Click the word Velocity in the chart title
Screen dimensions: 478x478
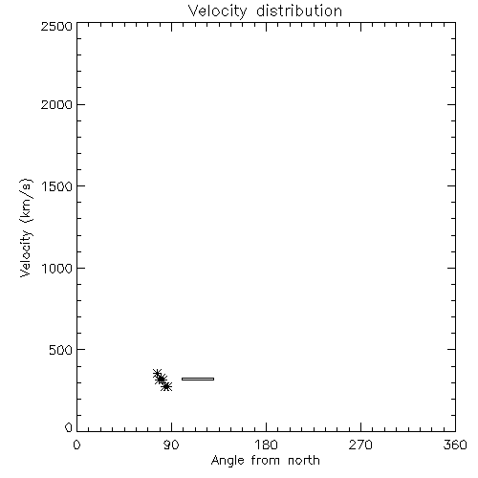pyautogui.click(x=218, y=11)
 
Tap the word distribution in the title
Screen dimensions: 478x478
pyautogui.click(x=299, y=11)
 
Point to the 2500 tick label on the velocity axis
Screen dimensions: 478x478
pyautogui.click(x=56, y=26)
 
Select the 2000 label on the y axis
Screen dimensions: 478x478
pyautogui.click(x=56, y=104)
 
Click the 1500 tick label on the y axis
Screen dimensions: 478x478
pyautogui.click(x=57, y=186)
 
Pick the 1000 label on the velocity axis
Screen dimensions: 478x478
pyautogui.click(x=57, y=269)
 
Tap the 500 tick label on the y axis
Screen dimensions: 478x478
pyautogui.click(x=61, y=350)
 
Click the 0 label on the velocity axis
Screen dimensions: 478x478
pyautogui.click(x=69, y=427)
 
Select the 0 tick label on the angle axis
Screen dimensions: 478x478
pyautogui.click(x=76, y=445)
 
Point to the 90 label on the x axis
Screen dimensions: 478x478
pyautogui.click(x=171, y=445)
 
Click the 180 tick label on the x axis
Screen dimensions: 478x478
pyautogui.click(x=266, y=445)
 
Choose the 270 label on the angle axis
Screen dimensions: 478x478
pyautogui.click(x=360, y=445)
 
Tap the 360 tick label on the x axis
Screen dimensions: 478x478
pyautogui.click(x=455, y=445)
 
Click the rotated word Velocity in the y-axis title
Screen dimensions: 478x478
pyautogui.click(x=26, y=253)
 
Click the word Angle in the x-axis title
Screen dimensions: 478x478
pyautogui.click(x=228, y=461)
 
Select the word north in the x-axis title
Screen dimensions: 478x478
pyautogui.click(x=304, y=460)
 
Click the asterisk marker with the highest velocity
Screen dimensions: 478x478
pyautogui.click(x=157, y=374)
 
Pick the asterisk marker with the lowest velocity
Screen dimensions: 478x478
pyautogui.click(x=166, y=386)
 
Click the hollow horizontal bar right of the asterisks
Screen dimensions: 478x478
pyautogui.click(x=198, y=379)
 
